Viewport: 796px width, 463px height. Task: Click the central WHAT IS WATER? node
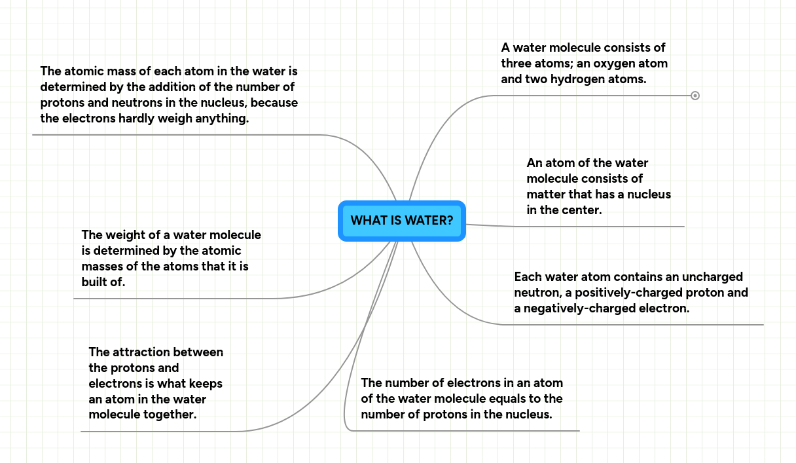coord(401,221)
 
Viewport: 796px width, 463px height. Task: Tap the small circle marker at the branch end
coord(695,96)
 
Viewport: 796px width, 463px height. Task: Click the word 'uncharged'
coord(712,276)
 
